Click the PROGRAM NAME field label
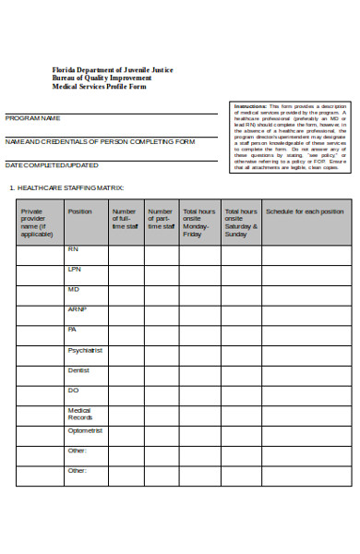33,118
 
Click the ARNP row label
76,309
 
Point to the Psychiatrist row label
84,351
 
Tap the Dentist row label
78,370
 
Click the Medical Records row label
79,414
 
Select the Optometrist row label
84,430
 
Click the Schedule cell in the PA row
305,335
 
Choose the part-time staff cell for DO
161,396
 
